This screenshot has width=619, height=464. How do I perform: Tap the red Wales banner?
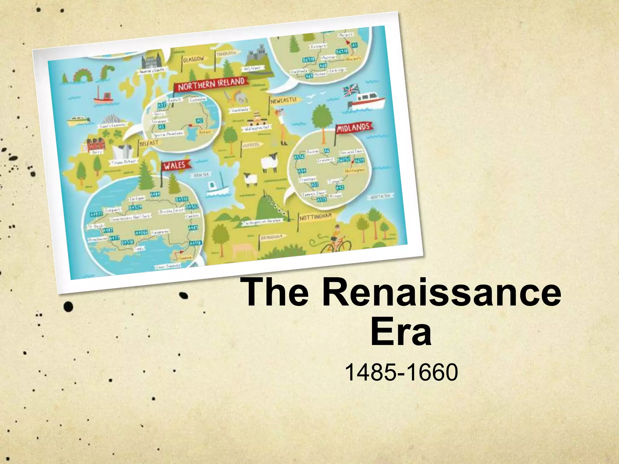(x=176, y=166)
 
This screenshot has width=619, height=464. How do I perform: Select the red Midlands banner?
(x=354, y=128)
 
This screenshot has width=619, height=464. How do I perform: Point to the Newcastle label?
(x=284, y=101)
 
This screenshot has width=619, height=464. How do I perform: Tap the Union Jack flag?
(x=351, y=90)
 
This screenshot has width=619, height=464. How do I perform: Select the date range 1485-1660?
(x=401, y=372)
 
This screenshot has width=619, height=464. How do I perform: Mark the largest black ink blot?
(x=69, y=306)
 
